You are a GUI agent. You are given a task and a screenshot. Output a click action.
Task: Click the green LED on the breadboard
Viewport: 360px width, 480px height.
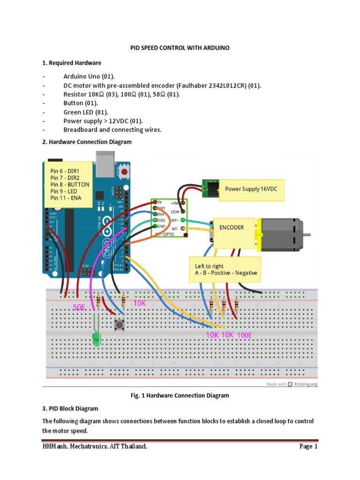click(x=97, y=339)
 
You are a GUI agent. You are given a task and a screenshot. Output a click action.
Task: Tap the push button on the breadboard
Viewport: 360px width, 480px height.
click(x=120, y=324)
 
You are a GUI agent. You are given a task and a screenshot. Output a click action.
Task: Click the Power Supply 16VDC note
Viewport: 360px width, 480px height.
click(x=251, y=188)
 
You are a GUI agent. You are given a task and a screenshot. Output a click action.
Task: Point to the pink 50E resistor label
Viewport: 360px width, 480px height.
click(x=80, y=307)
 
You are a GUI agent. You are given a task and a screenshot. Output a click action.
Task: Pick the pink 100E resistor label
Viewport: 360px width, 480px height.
click(x=245, y=335)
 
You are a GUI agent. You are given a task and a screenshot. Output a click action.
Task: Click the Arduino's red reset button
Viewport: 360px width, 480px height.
click(x=124, y=172)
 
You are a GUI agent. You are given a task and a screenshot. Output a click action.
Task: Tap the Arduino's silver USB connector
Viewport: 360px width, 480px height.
click(x=105, y=162)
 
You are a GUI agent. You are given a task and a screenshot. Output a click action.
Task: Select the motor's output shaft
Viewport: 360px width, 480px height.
click(x=308, y=233)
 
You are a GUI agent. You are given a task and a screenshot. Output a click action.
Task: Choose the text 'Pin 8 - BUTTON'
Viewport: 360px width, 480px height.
click(x=69, y=185)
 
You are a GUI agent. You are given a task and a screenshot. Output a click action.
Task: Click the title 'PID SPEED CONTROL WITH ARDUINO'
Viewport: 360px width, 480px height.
click(x=180, y=48)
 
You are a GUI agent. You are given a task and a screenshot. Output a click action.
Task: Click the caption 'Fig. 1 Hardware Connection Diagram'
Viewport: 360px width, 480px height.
click(x=180, y=396)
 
